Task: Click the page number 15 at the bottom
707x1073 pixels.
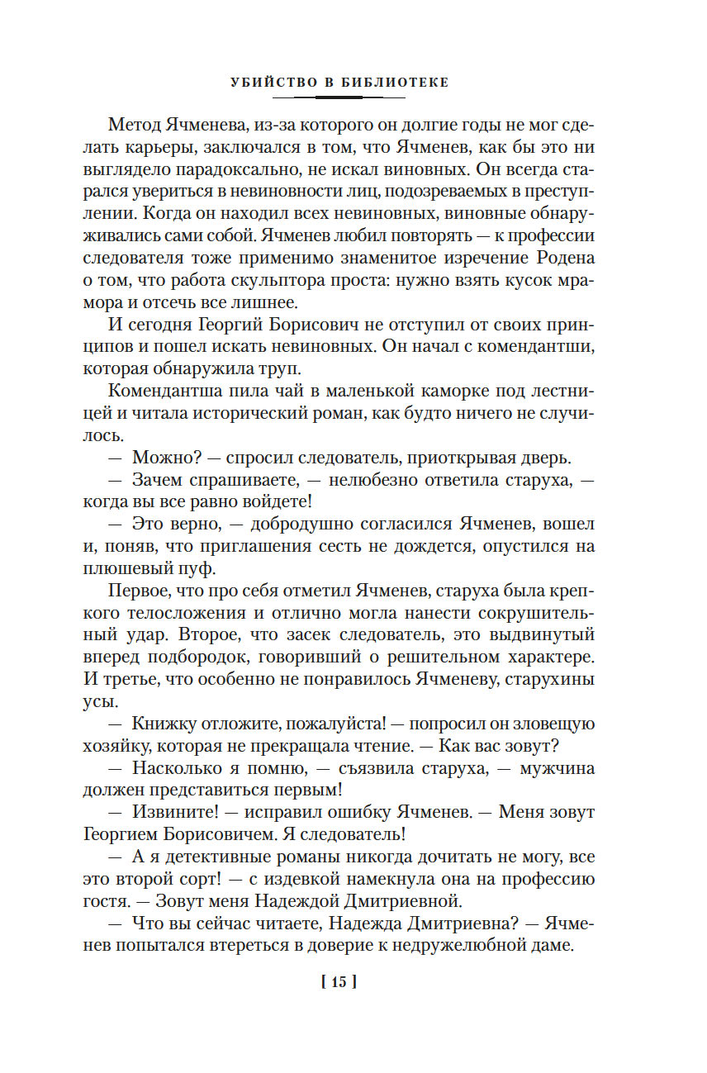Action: click(339, 982)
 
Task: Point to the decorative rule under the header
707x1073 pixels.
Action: click(339, 97)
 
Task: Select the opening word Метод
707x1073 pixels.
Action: click(135, 126)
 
